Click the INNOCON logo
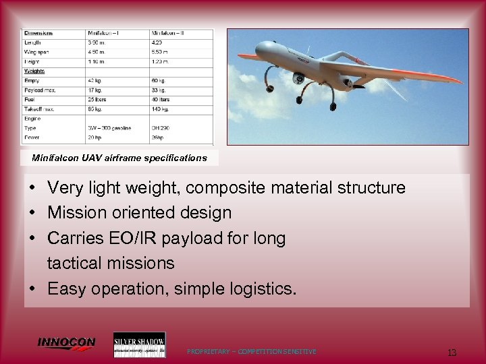click(x=66, y=343)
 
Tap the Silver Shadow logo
click(x=139, y=344)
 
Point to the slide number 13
click(x=452, y=353)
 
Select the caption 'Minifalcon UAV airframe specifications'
click(x=119, y=158)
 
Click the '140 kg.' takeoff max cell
click(x=162, y=109)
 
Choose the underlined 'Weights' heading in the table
click(x=35, y=70)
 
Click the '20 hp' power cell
click(x=96, y=137)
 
